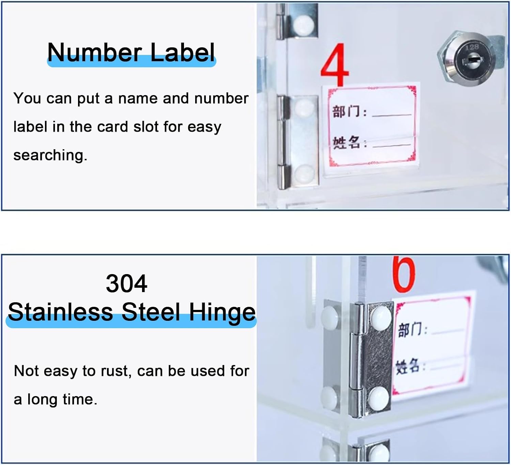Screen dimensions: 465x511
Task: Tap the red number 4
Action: click(335, 65)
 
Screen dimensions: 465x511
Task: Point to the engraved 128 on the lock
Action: click(472, 47)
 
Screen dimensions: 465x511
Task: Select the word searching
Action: click(50, 155)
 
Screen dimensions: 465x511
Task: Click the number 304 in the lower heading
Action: click(126, 283)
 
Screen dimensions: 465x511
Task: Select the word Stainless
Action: click(60, 312)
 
